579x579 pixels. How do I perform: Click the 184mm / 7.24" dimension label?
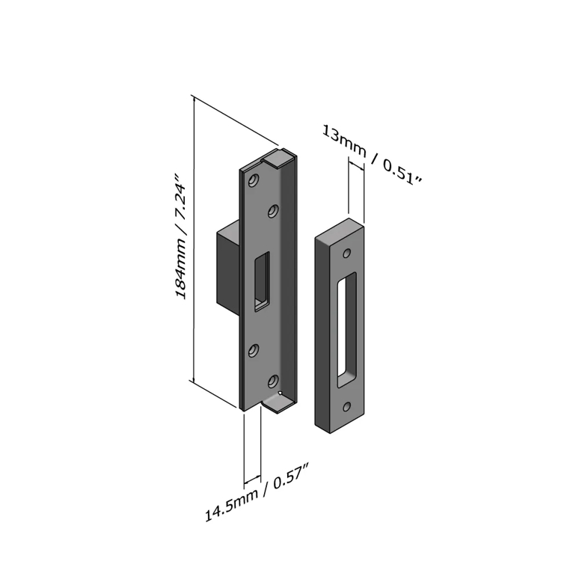coord(180,236)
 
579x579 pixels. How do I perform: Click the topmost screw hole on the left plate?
coord(253,180)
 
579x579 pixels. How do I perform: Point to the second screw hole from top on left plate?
coord(273,211)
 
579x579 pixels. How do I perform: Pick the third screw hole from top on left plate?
coord(253,350)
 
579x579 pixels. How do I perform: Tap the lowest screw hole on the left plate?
coord(273,381)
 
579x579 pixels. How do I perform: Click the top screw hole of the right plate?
coord(346,254)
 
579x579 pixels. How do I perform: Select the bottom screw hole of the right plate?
coord(346,407)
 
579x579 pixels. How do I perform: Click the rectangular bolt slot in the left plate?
coord(262,281)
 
